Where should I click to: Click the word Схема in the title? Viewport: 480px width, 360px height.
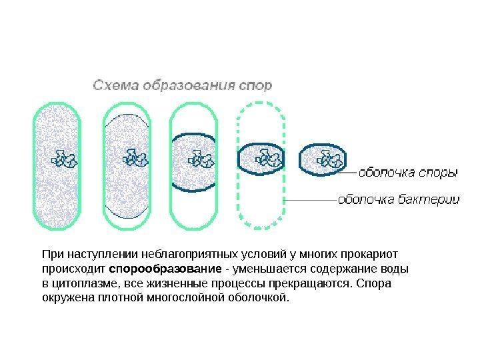[111, 85]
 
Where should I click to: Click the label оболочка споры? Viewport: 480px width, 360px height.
[408, 173]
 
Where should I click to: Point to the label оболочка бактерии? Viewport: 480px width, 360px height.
[399, 199]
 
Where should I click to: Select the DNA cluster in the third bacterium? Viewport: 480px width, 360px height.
[201, 159]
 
